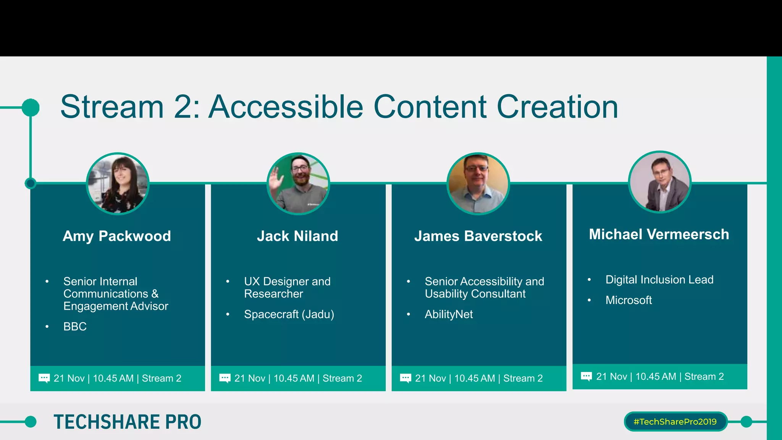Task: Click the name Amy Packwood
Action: [116, 236]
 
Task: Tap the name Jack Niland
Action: [297, 236]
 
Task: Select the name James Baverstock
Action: [478, 236]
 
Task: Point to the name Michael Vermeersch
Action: [659, 234]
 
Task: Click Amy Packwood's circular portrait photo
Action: [118, 184]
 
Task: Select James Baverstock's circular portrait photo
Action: [478, 184]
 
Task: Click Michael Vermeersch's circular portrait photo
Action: [659, 182]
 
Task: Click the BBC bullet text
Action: [75, 327]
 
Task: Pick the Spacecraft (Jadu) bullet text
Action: [289, 314]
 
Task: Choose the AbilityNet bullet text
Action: [449, 314]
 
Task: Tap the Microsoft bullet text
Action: [629, 300]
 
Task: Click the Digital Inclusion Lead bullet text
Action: [659, 280]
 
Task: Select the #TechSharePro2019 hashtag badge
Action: [675, 422]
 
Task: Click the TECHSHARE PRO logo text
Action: [127, 422]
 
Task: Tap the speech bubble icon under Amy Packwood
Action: [44, 379]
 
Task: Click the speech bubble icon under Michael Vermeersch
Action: [586, 377]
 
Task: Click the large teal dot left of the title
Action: [31, 107]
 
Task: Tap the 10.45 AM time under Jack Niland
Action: [294, 379]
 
